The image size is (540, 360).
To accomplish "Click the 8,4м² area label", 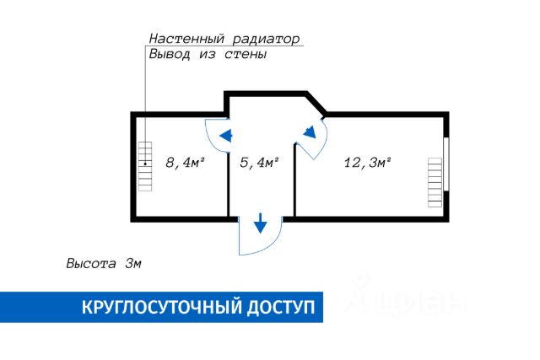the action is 186,163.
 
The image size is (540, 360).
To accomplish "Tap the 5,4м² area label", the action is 259,163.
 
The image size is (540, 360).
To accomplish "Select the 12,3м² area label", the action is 368,163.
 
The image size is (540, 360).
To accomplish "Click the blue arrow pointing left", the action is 225,136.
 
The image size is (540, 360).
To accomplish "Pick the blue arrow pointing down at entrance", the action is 261,223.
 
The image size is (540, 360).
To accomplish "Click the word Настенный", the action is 186,39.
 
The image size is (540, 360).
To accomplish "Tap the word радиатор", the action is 267,40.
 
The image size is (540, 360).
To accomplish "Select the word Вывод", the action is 169,54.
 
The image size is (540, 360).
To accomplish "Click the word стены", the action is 246,54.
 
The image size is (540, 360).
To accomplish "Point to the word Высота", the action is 91,264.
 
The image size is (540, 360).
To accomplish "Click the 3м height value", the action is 133,264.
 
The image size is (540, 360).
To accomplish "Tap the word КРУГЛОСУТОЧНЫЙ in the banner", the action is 162,307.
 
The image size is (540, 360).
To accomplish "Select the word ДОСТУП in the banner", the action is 281,308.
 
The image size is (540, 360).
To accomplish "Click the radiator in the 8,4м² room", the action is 144,166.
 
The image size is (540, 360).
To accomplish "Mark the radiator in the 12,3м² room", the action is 435,182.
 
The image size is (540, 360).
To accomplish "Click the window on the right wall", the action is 446,164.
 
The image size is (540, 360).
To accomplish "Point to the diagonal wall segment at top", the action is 316,103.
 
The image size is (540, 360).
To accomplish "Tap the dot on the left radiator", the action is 145,164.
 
